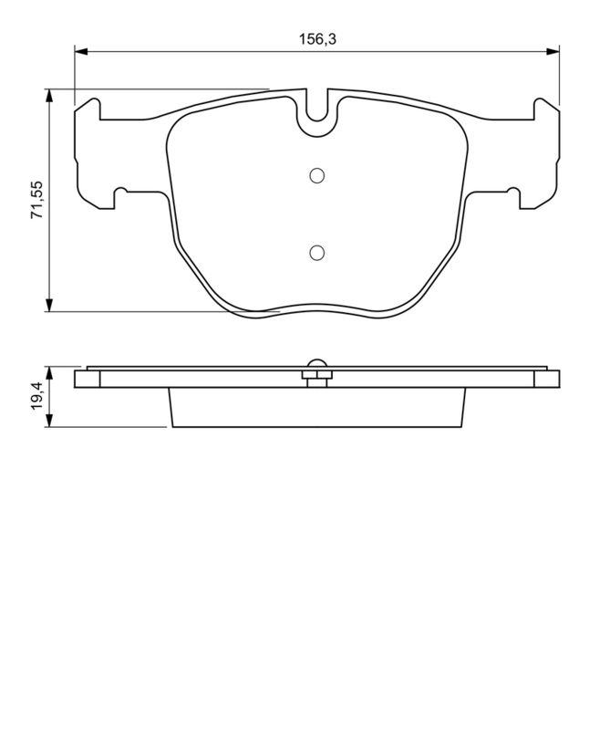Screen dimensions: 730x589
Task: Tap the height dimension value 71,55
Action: tap(36, 201)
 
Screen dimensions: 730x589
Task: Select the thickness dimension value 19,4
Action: tap(36, 397)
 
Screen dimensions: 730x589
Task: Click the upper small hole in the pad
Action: tap(316, 175)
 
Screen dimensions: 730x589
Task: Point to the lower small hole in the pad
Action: tap(316, 253)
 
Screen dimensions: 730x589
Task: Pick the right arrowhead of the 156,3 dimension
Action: tap(553, 52)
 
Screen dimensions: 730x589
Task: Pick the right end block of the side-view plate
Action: tap(551, 378)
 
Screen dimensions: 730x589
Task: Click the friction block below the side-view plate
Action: tap(316, 408)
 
